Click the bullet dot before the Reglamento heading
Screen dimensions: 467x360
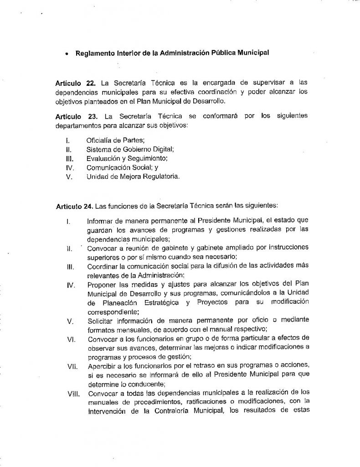[67, 53]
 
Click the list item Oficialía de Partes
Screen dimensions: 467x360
[112, 141]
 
